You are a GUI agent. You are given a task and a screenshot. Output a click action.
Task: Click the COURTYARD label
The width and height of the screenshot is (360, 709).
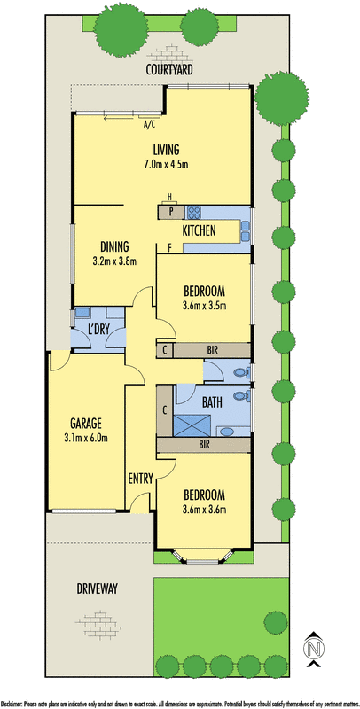point(169,70)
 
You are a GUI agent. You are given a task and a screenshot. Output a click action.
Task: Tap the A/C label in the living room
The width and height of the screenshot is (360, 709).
point(149,125)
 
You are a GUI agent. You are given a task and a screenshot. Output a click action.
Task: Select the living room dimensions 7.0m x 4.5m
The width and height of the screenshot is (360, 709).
point(166,164)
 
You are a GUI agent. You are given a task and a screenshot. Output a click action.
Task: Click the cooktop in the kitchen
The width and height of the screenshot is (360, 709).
point(194,213)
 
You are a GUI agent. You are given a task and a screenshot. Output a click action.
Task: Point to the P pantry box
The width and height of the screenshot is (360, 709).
point(171,213)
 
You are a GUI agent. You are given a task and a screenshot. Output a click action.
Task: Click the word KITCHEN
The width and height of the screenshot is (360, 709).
point(199,230)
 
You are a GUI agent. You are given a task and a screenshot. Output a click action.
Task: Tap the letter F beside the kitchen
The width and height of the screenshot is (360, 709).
point(169,248)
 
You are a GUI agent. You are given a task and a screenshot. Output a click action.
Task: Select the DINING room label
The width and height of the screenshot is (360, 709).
point(114,246)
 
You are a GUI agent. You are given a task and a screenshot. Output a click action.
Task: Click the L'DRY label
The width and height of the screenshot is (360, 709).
point(98,330)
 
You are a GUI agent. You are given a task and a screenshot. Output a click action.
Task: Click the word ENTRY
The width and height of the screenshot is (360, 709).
point(141,479)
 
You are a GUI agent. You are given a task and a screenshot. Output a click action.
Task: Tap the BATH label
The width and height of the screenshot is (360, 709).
point(211,403)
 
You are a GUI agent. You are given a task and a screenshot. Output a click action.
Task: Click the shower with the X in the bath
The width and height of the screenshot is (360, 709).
point(192,426)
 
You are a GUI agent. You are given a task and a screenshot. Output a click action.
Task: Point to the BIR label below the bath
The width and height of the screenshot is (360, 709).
point(205,445)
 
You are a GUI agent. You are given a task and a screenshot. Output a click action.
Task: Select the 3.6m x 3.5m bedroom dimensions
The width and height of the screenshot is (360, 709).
point(204,306)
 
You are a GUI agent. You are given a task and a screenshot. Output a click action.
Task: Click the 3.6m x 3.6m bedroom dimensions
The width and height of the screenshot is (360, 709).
point(204,510)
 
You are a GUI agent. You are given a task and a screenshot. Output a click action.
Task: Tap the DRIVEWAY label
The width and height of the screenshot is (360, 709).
point(98,588)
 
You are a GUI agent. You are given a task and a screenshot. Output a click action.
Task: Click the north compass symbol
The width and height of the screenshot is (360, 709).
point(314,650)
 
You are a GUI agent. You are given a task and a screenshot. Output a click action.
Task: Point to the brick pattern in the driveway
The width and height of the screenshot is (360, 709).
point(98,625)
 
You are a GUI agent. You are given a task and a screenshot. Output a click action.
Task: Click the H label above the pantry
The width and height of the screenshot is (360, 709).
point(169,197)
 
